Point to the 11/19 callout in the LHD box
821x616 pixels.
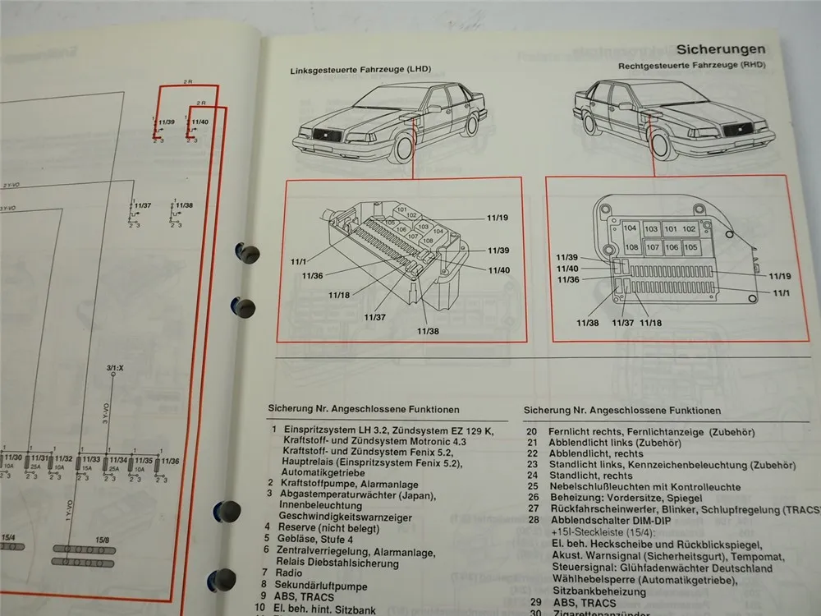pos(497,218)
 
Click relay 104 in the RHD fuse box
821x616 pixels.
pos(631,229)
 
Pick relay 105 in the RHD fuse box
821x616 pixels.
pos(690,247)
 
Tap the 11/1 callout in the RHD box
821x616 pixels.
pos(779,293)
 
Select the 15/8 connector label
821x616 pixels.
pos(102,539)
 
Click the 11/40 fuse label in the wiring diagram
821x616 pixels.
pos(199,122)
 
